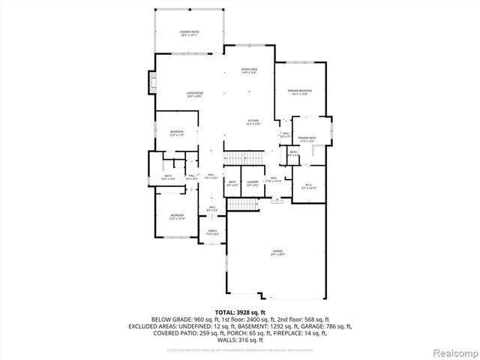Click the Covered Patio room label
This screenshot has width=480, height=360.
tap(187, 33)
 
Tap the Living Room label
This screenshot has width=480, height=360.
tap(195, 94)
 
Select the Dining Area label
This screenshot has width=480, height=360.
tap(250, 71)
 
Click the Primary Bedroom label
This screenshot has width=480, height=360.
tap(300, 92)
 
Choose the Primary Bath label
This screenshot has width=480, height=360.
tap(307, 139)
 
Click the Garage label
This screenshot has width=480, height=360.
tap(277, 253)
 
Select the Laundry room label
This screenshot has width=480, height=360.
tap(253, 182)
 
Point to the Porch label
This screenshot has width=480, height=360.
tap(212, 232)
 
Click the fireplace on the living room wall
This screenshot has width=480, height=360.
tap(152, 81)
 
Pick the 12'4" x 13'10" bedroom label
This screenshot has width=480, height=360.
tap(178, 217)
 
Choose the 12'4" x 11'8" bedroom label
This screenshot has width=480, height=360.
tap(176, 133)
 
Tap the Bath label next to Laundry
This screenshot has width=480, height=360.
tap(232, 182)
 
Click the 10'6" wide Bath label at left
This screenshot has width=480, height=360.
tap(168, 177)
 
